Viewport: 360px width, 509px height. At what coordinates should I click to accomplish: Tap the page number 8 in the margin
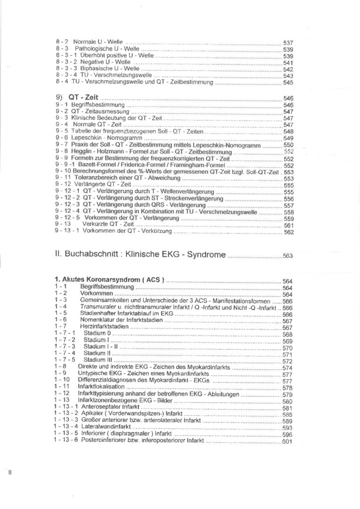coord(10,472)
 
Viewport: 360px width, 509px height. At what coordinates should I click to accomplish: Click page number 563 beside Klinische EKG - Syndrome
coord(288,256)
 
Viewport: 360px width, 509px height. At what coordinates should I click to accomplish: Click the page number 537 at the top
coord(288,43)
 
